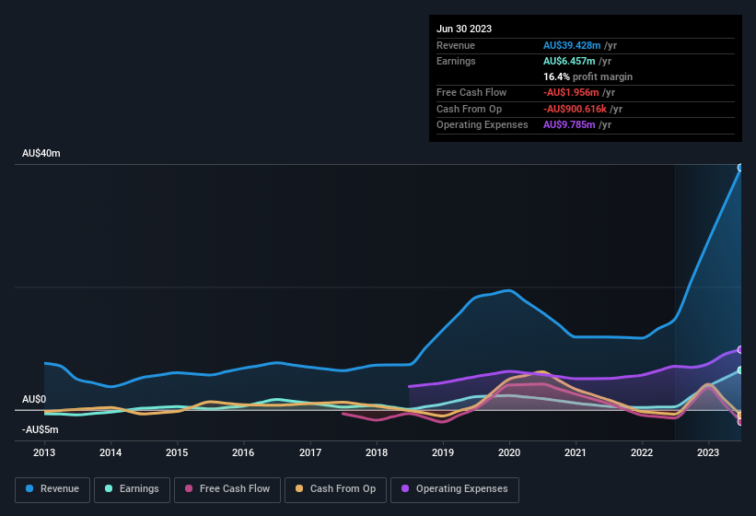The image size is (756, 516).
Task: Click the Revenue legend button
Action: pos(52,488)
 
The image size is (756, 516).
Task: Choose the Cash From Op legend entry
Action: pos(336,488)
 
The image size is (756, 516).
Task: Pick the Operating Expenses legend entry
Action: pos(455,488)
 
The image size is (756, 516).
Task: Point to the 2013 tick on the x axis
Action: pos(44,452)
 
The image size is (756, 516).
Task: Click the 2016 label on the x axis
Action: pos(243,452)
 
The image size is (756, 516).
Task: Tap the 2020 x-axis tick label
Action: pos(509,452)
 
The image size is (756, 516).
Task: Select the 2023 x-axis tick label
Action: pos(708,452)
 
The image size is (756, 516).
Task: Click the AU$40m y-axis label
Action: pos(41,153)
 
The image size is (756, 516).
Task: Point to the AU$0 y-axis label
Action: pos(34,399)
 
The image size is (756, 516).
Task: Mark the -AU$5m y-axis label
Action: pos(41,429)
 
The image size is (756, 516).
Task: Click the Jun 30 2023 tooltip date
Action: pos(464,29)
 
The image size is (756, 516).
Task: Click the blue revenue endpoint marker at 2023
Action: pos(740,168)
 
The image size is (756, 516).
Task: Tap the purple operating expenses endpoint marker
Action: pos(740,349)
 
